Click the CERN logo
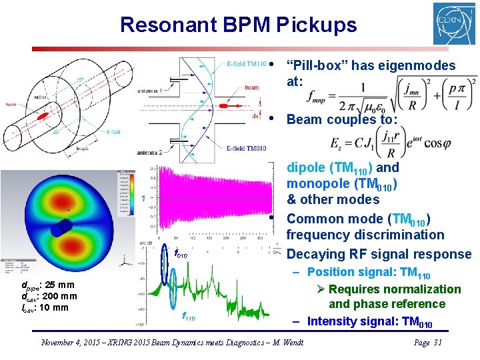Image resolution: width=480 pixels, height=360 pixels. (454, 23)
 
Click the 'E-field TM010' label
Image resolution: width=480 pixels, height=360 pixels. (246, 148)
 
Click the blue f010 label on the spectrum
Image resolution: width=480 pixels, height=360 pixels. (181, 255)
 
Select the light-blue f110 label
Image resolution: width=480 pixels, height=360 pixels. (189, 318)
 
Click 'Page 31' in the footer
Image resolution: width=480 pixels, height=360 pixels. (427, 343)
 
